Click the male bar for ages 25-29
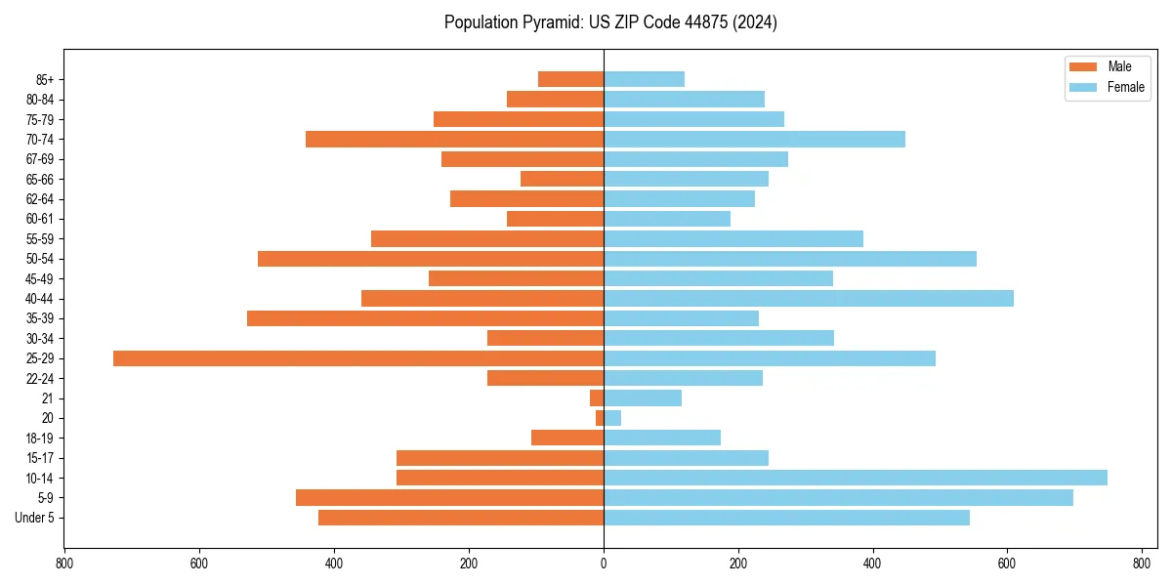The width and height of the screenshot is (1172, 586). (358, 358)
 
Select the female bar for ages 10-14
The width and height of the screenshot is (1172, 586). (856, 478)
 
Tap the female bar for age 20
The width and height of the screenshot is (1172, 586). (612, 418)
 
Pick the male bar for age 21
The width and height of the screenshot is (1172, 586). (597, 398)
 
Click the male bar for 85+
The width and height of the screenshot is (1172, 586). (570, 79)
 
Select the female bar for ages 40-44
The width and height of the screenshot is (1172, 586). (809, 299)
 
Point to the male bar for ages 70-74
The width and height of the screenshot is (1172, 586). (454, 140)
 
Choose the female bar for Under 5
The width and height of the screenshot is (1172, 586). (786, 518)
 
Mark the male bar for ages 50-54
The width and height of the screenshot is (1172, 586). (431, 259)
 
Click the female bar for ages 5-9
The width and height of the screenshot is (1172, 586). (838, 498)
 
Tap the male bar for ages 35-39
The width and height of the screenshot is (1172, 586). (425, 318)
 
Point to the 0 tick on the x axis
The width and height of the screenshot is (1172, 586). (604, 564)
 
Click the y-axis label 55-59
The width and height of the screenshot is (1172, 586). (40, 239)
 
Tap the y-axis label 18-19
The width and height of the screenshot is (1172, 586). (40, 439)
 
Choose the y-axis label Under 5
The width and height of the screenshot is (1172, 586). (35, 518)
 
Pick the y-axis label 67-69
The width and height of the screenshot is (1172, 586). (40, 159)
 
